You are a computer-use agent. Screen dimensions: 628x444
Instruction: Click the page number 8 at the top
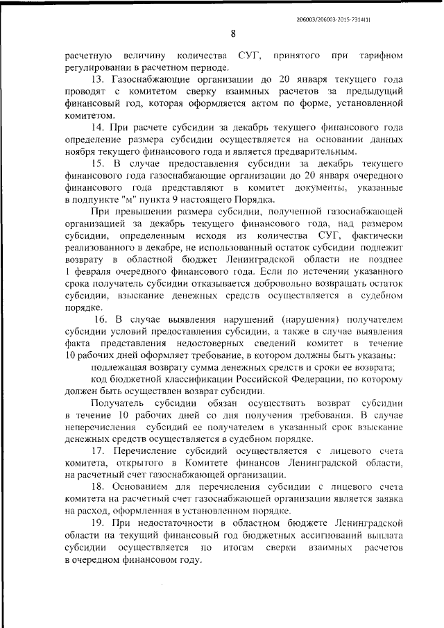(x=233, y=33)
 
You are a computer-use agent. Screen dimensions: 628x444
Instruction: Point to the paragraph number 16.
(x=100, y=320)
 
